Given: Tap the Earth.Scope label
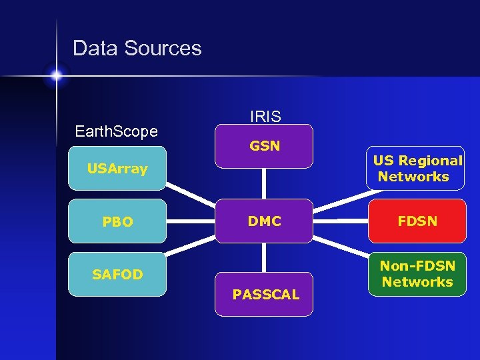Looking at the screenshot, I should (x=116, y=131).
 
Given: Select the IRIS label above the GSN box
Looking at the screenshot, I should (x=265, y=117).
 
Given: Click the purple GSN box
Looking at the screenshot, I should (x=264, y=145).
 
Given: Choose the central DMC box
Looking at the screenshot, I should (x=264, y=221).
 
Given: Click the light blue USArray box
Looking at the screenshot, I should (x=117, y=169).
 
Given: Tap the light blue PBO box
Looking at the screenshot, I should (x=117, y=221).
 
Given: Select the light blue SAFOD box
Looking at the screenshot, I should (x=117, y=274).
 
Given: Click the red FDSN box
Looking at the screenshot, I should (x=417, y=221).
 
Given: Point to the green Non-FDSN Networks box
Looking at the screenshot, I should (x=417, y=274).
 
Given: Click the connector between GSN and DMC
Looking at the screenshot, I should (x=265, y=183).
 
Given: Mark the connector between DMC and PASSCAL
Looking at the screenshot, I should (x=265, y=257).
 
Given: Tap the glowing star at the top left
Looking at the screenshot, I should (x=56, y=75).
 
